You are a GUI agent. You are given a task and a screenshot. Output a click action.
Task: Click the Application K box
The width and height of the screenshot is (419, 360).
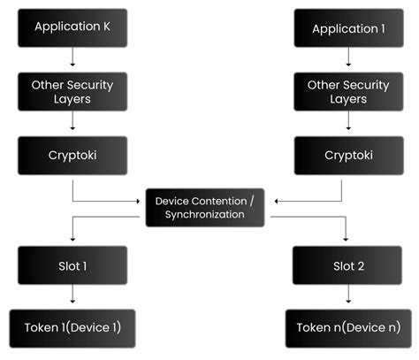click(x=73, y=27)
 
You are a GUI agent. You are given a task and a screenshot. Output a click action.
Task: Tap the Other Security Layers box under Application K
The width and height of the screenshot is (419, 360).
click(x=73, y=91)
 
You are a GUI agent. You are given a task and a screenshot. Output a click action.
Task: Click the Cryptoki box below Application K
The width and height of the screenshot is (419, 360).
click(x=73, y=155)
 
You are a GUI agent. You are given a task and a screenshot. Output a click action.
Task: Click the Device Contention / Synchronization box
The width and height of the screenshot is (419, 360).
click(x=205, y=208)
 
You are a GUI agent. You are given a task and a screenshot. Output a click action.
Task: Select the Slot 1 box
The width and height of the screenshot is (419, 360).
click(x=73, y=264)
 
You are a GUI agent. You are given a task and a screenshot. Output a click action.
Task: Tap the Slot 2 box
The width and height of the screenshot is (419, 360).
click(x=344, y=264)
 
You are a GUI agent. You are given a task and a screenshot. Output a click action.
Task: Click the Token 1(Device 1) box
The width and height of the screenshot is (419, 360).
click(x=73, y=327)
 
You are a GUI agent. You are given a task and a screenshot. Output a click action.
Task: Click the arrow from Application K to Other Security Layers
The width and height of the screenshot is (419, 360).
click(x=73, y=59)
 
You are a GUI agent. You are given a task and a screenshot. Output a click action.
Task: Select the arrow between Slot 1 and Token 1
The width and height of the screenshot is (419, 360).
click(x=73, y=296)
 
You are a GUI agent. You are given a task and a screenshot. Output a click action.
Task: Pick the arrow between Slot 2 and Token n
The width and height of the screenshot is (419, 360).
click(x=344, y=297)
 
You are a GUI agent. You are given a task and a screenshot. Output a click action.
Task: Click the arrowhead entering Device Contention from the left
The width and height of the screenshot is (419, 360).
click(x=139, y=201)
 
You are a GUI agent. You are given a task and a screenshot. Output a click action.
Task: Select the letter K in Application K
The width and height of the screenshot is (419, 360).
click(x=107, y=27)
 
